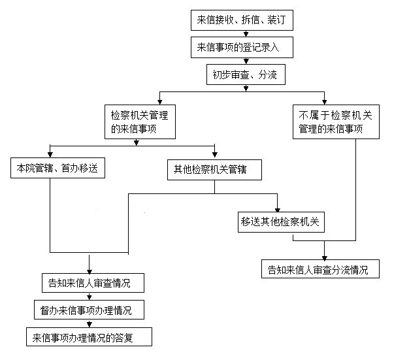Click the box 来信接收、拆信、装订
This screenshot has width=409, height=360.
(x=242, y=20)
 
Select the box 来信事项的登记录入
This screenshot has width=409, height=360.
(x=242, y=47)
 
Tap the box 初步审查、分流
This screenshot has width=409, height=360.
(x=246, y=74)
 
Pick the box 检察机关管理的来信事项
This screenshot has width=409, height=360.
(x=140, y=122)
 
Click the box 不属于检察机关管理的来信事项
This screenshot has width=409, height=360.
(x=336, y=122)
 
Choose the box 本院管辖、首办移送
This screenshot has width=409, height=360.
(x=57, y=168)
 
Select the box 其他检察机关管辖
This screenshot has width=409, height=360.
(x=214, y=170)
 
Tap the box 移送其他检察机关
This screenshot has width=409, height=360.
(x=281, y=222)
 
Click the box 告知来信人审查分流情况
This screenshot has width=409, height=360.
(x=320, y=269)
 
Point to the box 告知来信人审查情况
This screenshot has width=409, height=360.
(x=93, y=283)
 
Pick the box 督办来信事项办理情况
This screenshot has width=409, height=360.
(x=89, y=310)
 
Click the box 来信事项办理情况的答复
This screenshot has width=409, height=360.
(x=89, y=337)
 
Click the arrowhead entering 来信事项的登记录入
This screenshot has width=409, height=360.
(x=246, y=34)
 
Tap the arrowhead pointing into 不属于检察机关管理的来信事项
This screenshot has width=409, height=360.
(x=324, y=103)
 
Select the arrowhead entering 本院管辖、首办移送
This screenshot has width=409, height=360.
(x=50, y=155)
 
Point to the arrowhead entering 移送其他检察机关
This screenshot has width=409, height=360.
(x=277, y=210)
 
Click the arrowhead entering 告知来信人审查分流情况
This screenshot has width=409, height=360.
(x=324, y=257)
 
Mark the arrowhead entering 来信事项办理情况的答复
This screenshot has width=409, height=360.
(x=90, y=325)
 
